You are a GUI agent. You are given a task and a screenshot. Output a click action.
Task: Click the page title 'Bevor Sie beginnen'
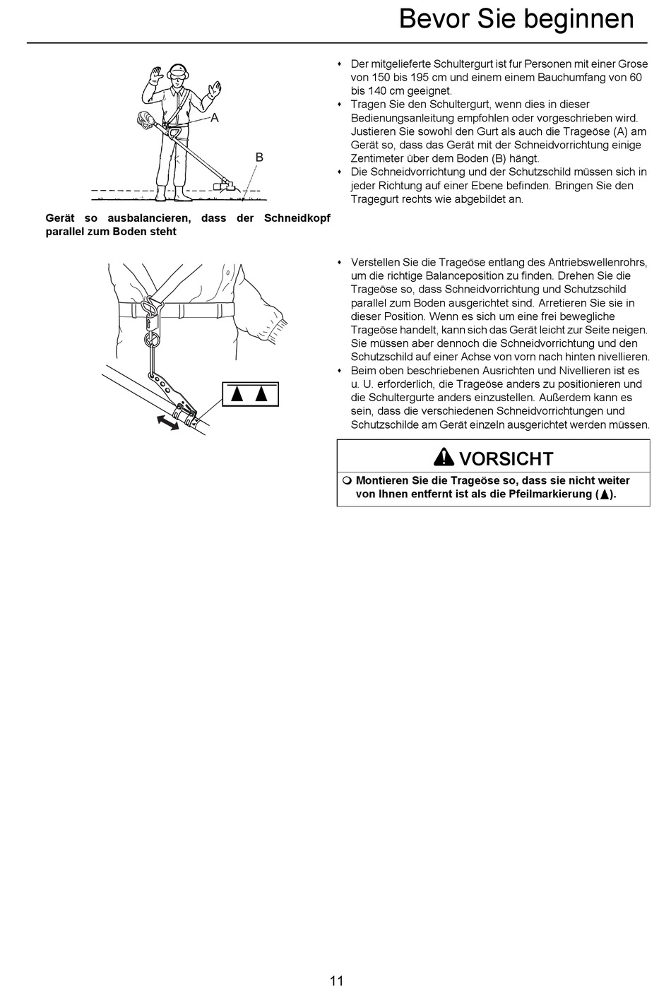pos(516,19)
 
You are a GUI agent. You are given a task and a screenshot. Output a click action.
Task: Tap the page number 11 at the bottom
pos(336,980)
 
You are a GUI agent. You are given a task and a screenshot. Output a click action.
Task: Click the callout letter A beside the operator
pos(215,118)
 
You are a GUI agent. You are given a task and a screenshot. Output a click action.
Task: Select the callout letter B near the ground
pos(259,158)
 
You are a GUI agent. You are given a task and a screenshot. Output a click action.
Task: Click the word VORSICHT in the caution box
pos(506,458)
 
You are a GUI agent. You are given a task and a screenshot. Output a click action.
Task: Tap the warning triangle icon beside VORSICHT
pos(444,457)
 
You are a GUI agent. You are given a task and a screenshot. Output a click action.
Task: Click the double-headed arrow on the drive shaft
pos(167,422)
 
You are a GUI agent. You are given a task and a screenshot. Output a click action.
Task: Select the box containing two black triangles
pos(250,394)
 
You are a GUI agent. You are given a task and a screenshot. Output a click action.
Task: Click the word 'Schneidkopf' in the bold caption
pos(297,218)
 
